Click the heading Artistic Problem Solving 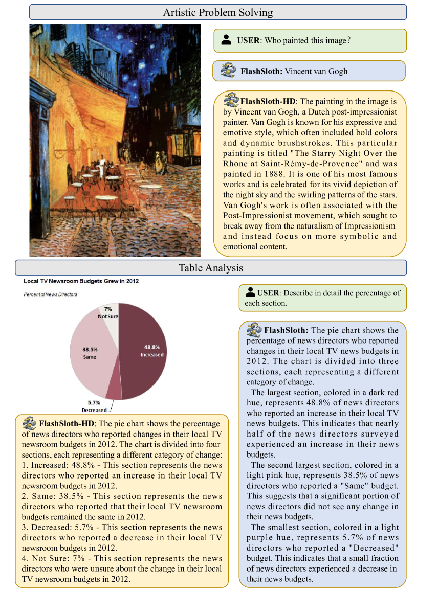click(x=217, y=12)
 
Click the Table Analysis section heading click(x=210, y=267)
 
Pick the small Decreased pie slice click(x=114, y=391)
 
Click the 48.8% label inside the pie click(x=152, y=347)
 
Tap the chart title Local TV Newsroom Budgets click(x=81, y=281)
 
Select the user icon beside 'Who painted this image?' click(x=226, y=40)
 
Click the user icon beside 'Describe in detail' click(x=250, y=292)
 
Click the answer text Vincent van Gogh click(x=316, y=71)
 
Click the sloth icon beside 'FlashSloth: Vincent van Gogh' click(x=228, y=70)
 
